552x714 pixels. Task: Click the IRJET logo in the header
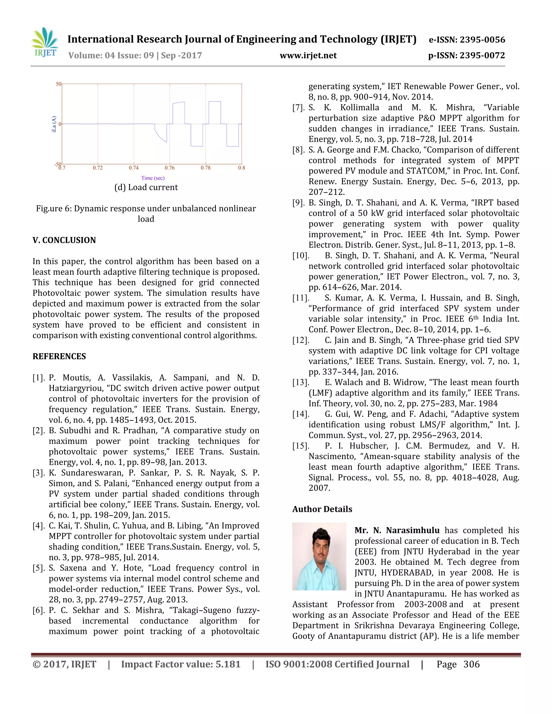pos(45,43)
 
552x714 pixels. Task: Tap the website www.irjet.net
pos(308,56)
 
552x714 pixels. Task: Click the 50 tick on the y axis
pos(58,84)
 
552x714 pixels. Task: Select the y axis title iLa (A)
pos(54,124)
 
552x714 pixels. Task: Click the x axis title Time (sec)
pos(153,178)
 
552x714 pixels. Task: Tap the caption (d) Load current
pos(146,187)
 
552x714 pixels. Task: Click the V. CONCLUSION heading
pos(64,240)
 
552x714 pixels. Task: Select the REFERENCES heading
pos(59,356)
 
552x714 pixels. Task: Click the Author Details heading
pos(322,509)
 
